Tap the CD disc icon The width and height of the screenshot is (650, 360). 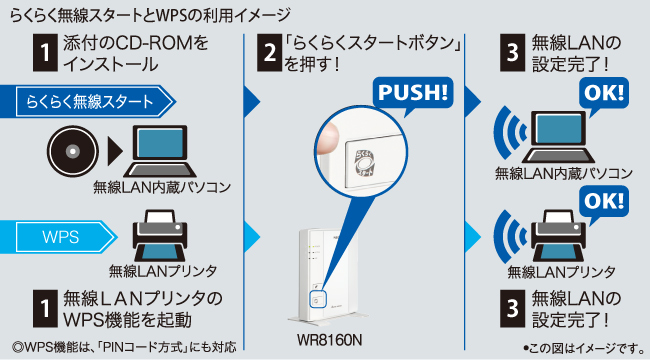pyautogui.click(x=73, y=151)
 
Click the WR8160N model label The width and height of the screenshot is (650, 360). pyautogui.click(x=330, y=340)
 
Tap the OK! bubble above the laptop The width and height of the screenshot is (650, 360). pyautogui.click(x=604, y=95)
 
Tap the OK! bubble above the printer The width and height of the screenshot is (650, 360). pyautogui.click(x=604, y=203)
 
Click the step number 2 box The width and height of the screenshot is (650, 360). pyautogui.click(x=269, y=53)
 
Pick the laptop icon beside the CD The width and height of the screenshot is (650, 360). pyautogui.click(x=160, y=151)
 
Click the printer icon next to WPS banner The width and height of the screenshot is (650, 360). pyautogui.click(x=160, y=235)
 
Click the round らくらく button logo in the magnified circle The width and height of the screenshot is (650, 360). pyautogui.click(x=365, y=162)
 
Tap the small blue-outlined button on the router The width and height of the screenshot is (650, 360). pyautogui.click(x=318, y=299)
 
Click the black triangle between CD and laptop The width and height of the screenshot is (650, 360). pyautogui.click(x=115, y=151)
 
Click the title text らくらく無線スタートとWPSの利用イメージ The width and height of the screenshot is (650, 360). pyautogui.click(x=150, y=16)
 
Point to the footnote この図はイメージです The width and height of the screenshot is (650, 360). pyautogui.click(x=585, y=348)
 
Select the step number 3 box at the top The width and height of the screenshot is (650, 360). pyautogui.click(x=512, y=53)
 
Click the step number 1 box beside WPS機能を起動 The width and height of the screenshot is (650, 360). pyautogui.click(x=45, y=309)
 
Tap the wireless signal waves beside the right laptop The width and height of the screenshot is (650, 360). pyautogui.click(x=509, y=133)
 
